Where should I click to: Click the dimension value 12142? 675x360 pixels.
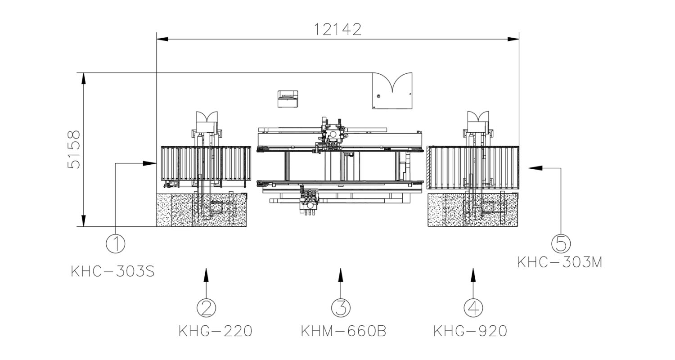(337, 29)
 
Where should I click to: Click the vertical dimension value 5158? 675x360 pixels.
(74, 149)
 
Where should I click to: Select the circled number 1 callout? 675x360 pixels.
(116, 243)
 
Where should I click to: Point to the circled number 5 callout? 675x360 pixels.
(561, 243)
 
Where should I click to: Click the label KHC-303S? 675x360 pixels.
(113, 272)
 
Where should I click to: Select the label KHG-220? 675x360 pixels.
(216, 331)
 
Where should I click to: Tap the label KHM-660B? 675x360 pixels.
(343, 331)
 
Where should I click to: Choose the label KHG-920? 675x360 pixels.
(470, 331)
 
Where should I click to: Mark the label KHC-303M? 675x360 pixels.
(559, 262)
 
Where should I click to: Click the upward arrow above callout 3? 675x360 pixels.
(341, 274)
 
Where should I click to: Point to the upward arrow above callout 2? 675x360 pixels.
(207, 274)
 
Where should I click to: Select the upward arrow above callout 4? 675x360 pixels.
(473, 274)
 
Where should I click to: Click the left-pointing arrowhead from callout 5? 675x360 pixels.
(535, 168)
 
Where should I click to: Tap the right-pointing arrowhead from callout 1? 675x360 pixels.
(149, 163)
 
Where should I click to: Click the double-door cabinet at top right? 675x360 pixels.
(392, 91)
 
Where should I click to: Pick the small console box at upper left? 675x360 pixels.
(288, 99)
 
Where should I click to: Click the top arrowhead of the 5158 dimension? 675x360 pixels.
(84, 78)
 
